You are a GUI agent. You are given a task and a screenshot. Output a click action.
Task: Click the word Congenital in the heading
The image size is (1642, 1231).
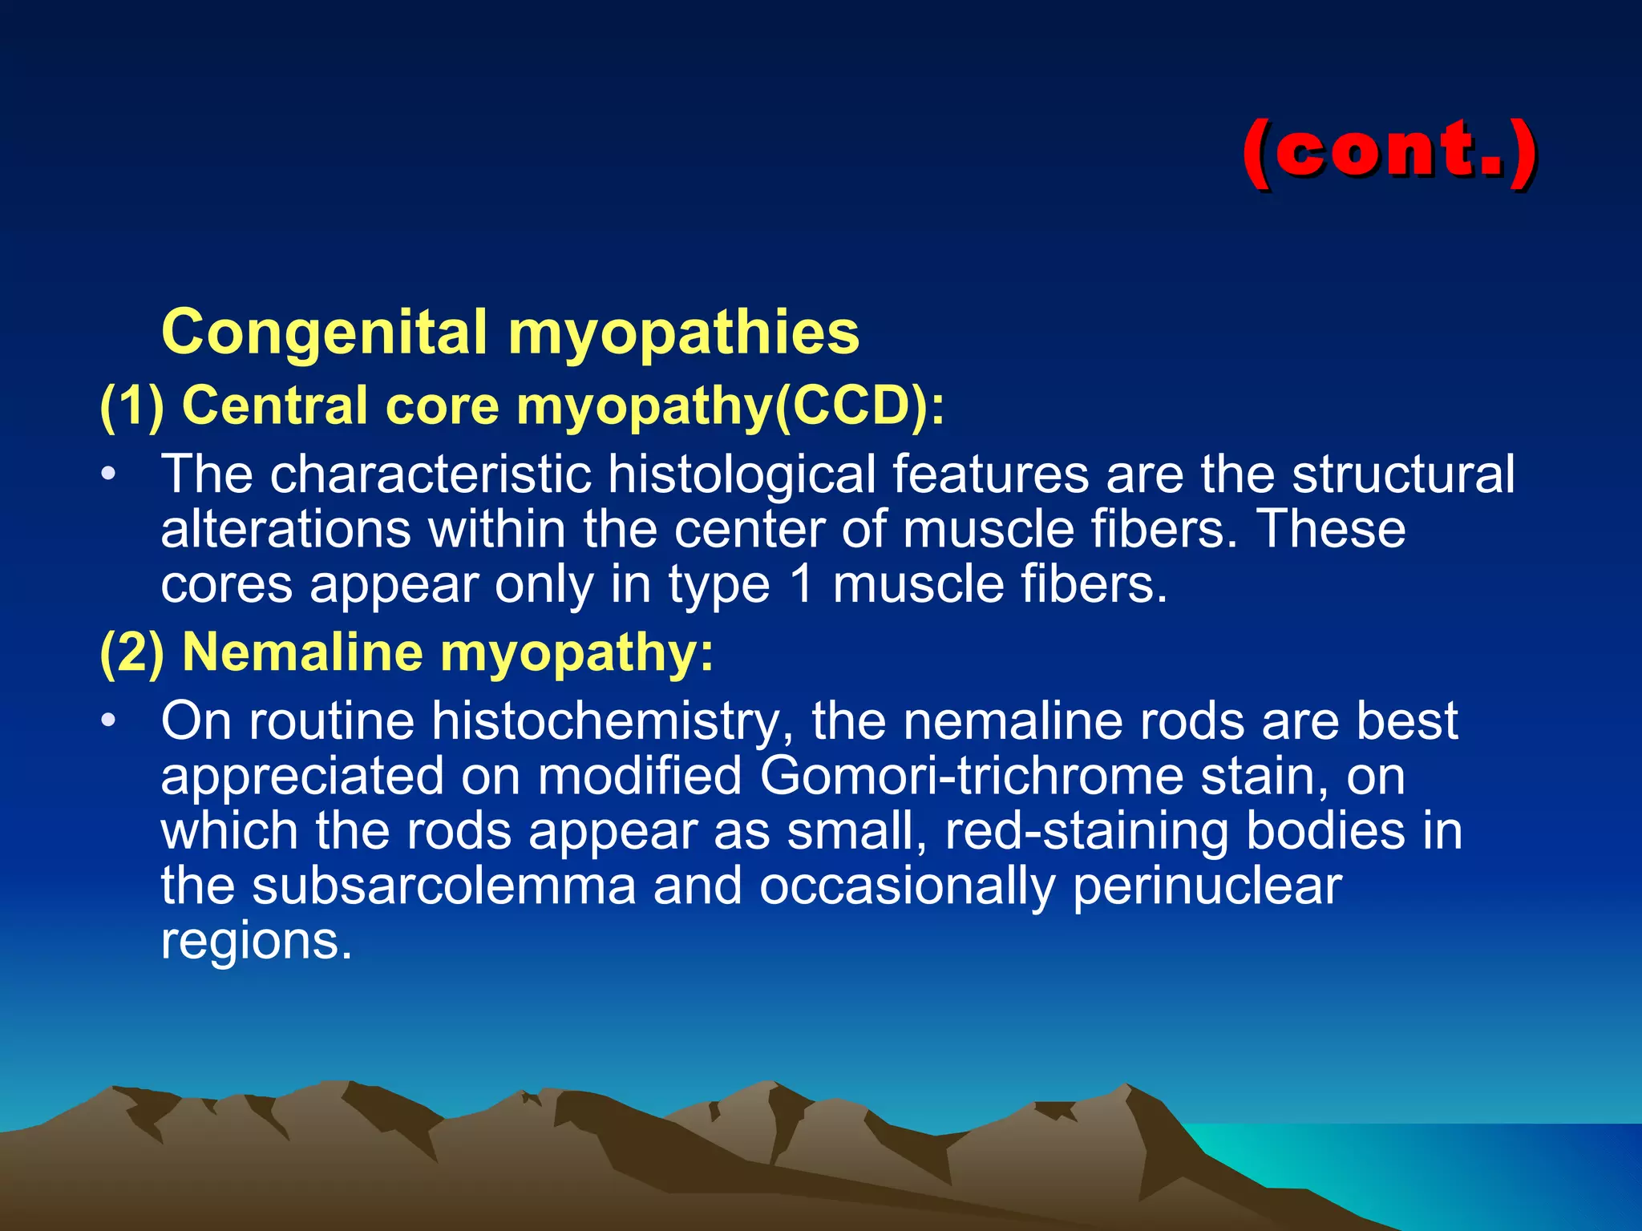click(x=324, y=333)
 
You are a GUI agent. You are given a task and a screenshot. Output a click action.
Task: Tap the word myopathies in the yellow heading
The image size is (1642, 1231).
click(x=683, y=333)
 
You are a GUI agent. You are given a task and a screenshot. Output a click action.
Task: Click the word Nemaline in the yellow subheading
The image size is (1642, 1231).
click(x=302, y=652)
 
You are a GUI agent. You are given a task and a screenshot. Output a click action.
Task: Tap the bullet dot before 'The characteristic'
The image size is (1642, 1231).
click(x=109, y=474)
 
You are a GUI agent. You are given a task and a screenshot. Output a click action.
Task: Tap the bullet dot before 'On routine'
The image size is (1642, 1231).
click(x=109, y=721)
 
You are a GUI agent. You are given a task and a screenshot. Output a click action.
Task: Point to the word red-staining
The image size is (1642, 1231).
click(x=1086, y=831)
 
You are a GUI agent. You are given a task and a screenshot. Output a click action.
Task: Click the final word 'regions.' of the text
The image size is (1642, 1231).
click(x=257, y=941)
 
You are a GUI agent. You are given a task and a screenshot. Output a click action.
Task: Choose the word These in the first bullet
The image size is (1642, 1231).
click(x=1331, y=529)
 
